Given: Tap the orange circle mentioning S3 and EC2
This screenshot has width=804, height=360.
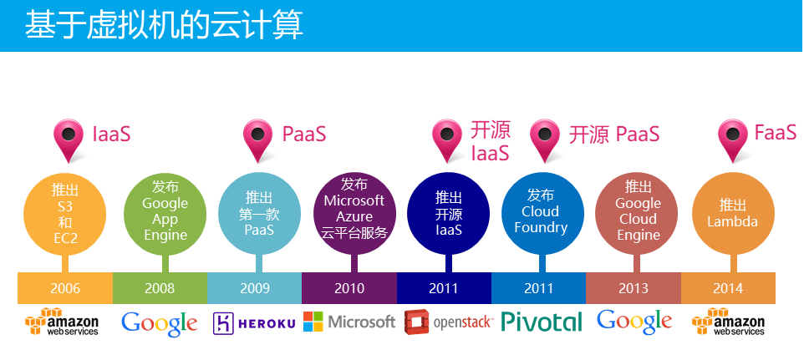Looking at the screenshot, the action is click(65, 214).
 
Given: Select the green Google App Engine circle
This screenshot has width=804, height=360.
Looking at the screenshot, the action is click(165, 214).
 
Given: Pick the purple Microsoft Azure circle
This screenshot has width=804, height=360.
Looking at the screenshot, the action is click(354, 214).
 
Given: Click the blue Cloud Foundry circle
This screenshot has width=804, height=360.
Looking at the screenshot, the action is click(542, 214).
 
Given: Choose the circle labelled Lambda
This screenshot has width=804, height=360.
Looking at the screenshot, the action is click(733, 214).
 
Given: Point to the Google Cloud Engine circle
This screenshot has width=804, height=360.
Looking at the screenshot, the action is click(636, 214).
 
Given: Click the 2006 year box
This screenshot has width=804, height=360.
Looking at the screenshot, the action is click(65, 288).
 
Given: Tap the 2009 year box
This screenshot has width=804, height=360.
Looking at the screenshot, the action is click(254, 288).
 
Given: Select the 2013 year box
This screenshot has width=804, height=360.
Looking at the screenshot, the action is click(634, 288).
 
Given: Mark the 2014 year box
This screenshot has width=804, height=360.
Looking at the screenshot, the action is click(728, 288).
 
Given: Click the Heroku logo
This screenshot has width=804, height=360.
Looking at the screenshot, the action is click(254, 323).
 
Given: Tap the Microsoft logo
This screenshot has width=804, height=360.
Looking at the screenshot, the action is click(349, 322).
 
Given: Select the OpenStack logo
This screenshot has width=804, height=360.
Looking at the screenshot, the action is click(448, 322).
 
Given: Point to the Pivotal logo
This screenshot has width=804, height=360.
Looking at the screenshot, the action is click(542, 322).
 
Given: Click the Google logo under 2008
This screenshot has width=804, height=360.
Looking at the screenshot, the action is click(160, 323).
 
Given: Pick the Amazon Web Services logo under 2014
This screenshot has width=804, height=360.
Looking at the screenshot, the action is click(728, 322).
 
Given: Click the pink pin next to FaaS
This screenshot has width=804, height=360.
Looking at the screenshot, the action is click(733, 140).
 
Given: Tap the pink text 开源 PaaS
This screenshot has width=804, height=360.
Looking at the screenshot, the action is click(614, 134).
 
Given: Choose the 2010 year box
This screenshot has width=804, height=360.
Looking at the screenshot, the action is click(349, 288).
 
